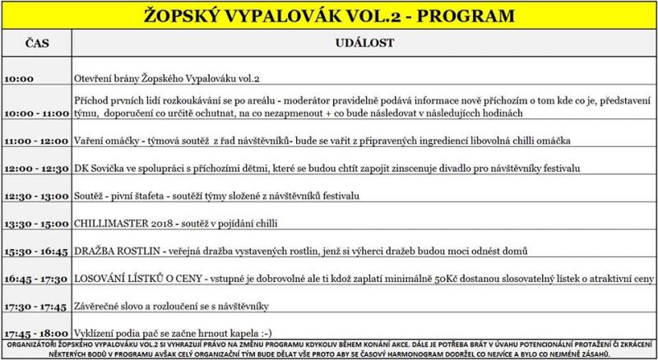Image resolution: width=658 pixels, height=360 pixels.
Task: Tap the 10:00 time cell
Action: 19,80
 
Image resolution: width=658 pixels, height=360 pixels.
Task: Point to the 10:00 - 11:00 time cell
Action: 35,112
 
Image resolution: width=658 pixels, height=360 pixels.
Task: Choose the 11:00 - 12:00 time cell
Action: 35,141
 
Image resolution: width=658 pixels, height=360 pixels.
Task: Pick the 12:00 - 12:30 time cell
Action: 35,169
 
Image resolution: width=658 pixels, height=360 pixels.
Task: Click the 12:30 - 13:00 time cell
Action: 35,197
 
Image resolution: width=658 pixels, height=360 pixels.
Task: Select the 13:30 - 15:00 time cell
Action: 35,224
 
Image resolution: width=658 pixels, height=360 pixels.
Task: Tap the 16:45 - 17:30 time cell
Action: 35,279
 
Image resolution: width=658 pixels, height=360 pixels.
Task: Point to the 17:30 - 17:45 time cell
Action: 35,307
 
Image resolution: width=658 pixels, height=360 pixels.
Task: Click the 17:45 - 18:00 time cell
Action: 35,334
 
